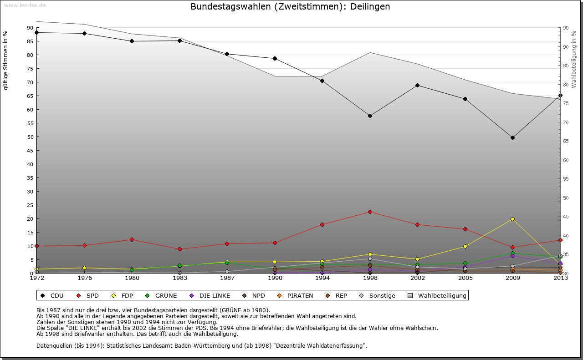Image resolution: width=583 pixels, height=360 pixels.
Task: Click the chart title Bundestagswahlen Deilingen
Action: coord(290,7)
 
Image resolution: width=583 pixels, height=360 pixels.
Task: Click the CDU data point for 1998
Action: coord(370,116)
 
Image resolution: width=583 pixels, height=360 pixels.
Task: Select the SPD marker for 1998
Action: coord(370,212)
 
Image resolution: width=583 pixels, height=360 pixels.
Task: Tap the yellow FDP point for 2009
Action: coord(512,219)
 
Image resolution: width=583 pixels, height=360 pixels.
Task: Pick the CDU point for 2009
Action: coord(512,137)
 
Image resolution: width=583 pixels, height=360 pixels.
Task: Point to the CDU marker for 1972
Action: coord(37,32)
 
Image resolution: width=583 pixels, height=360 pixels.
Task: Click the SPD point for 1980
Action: coord(132,239)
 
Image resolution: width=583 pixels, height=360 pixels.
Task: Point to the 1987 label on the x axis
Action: coord(226,278)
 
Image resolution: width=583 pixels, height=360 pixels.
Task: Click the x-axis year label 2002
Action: coord(417,278)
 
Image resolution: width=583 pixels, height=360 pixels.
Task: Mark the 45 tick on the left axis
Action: coord(30,151)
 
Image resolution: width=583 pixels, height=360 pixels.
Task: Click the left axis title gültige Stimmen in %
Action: coord(6,60)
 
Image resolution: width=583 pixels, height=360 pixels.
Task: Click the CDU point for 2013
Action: coord(560,95)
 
